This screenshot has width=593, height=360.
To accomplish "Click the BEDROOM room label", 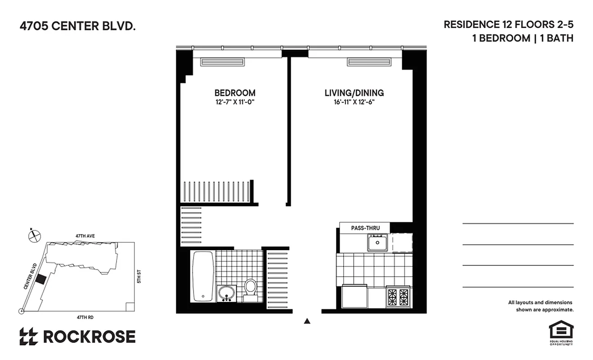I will tap(234, 93).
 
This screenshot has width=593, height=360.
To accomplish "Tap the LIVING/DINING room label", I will tap(354, 93).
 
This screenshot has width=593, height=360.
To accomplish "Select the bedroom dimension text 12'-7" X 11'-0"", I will tap(235, 102).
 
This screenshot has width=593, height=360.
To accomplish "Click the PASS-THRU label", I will tap(365, 228).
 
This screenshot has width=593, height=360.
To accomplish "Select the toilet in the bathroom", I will tap(251, 288).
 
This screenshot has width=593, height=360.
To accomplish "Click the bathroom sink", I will tap(226, 292).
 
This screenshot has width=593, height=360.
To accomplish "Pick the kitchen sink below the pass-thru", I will tap(377, 243).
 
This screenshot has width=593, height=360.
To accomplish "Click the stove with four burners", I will tap(398, 297).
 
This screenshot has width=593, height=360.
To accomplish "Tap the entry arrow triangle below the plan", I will tap(307, 321).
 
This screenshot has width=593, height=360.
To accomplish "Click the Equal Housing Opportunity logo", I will tap(561, 331).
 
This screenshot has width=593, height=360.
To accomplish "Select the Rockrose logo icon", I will tap(28, 336).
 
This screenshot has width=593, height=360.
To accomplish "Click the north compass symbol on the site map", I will tap(34, 235).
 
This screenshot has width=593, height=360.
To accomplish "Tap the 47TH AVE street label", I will tap(85, 236).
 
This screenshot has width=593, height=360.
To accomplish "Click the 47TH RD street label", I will tap(85, 317).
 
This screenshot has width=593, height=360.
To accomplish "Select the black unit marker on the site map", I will tap(41, 279).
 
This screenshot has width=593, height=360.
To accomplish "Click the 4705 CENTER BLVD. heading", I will tap(77, 27).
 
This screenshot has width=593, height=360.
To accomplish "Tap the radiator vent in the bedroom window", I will tap(222, 62).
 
